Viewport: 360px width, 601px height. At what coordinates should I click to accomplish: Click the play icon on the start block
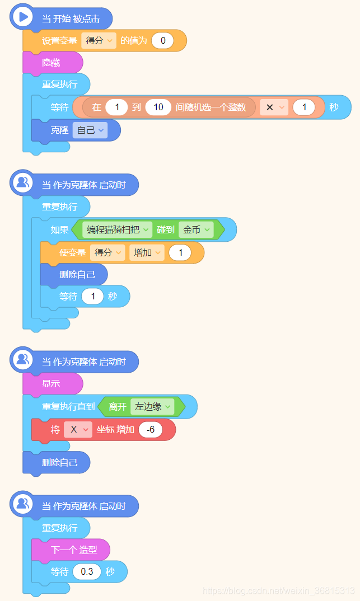(23, 17)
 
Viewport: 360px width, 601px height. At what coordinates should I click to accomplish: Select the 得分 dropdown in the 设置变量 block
(99, 41)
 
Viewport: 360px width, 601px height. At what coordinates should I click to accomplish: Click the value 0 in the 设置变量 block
(162, 41)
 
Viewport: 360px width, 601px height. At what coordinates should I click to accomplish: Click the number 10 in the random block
(158, 107)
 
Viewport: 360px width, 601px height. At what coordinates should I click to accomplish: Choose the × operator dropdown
(274, 107)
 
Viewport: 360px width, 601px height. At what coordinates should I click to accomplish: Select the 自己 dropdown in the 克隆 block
(90, 130)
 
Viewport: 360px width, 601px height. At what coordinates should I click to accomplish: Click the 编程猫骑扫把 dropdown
(117, 229)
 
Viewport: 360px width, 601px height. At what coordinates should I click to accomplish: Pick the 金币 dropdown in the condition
(196, 229)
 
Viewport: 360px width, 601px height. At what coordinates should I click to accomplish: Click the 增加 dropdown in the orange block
(147, 252)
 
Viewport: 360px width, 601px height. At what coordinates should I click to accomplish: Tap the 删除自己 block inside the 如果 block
(77, 274)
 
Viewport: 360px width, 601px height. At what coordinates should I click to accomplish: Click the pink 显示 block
(52, 384)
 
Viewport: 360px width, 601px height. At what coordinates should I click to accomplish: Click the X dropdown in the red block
(78, 430)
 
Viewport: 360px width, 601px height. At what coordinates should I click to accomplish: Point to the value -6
(151, 430)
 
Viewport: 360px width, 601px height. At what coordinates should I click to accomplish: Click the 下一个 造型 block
(73, 550)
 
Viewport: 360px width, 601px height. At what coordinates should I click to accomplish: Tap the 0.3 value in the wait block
(87, 572)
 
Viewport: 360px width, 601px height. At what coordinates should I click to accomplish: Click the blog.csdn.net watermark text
(278, 591)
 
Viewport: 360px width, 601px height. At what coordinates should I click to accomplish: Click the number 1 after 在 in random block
(116, 107)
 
